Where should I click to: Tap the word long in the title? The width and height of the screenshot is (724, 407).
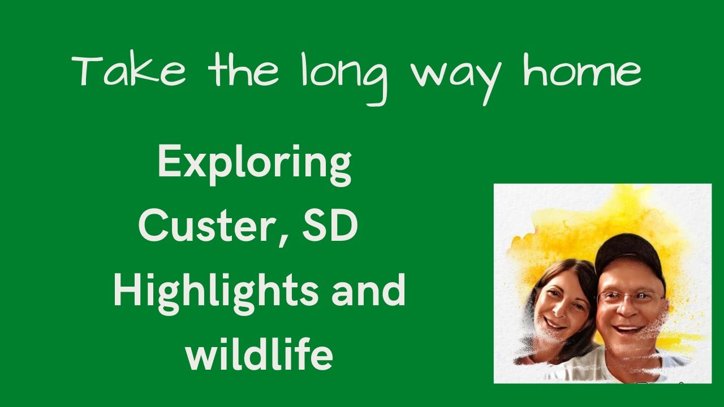click(344, 76)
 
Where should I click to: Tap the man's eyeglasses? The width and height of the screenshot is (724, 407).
click(631, 296)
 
